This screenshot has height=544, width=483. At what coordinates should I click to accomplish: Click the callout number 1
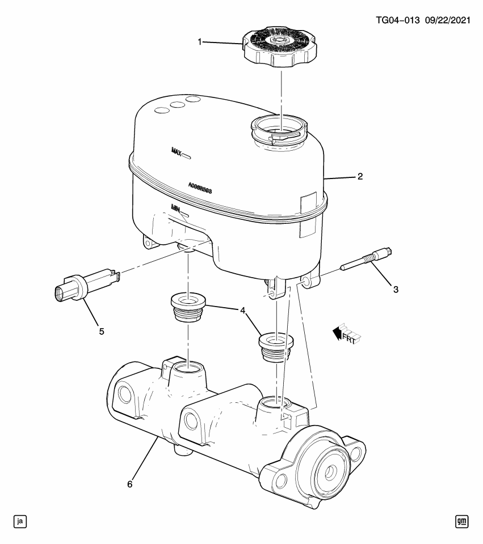point(200,41)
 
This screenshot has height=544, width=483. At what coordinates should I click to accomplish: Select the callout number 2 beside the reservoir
point(359,176)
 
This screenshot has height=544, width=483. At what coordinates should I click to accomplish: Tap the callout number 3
point(395,289)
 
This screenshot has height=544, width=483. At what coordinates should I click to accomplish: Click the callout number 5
point(102,331)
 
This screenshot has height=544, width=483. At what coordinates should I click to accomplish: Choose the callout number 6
point(130,484)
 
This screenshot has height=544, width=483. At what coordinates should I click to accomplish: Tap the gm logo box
point(462,521)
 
